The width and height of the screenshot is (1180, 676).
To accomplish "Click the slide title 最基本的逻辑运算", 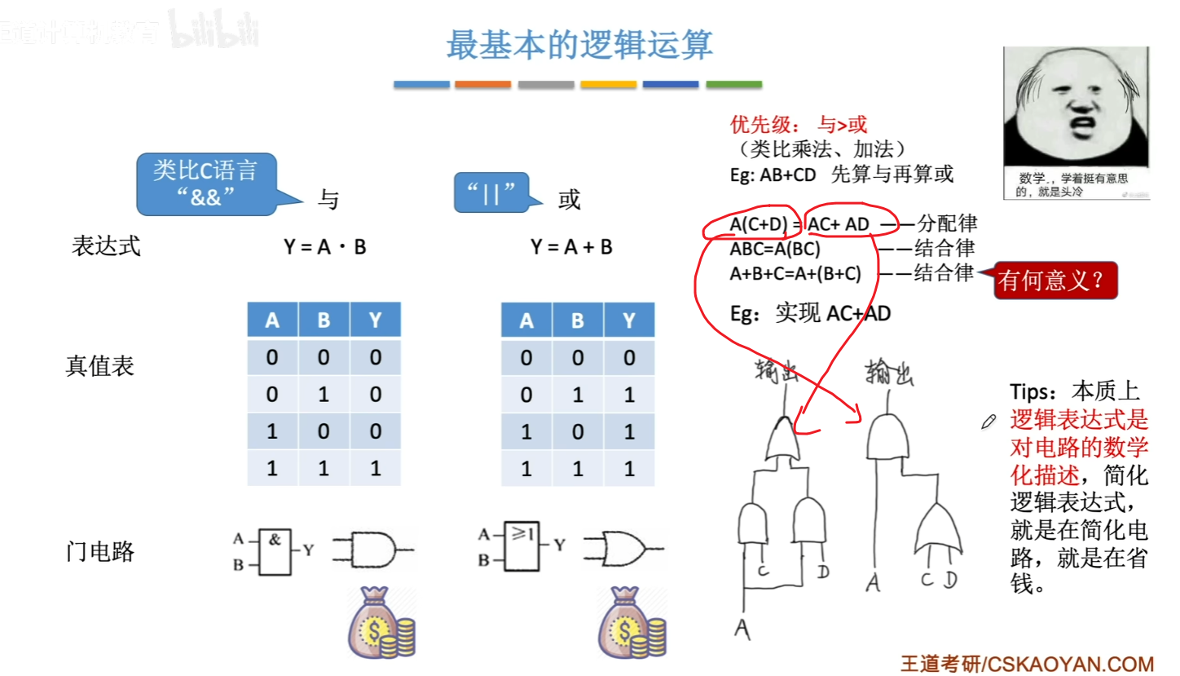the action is tap(579, 46).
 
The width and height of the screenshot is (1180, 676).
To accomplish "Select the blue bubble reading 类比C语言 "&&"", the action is tap(205, 183).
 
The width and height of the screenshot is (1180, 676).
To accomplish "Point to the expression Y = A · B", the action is tap(325, 246).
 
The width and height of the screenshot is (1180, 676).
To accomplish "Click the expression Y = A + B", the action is tap(571, 246).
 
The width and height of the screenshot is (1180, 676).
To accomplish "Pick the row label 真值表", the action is tap(99, 366).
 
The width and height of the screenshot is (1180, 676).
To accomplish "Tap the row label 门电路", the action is tap(99, 552).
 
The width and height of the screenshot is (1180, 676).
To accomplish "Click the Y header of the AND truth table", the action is tap(375, 320).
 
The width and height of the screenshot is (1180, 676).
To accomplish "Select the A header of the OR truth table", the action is tap(527, 320).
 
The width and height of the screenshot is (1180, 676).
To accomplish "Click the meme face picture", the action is tap(1076, 122).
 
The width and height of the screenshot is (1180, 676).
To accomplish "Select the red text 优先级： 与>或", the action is tap(799, 125).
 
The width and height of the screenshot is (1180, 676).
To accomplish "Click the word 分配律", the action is tap(947, 223).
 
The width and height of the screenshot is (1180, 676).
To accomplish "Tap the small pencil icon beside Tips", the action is tap(989, 421).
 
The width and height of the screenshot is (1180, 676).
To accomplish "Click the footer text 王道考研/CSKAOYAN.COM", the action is tap(1028, 663).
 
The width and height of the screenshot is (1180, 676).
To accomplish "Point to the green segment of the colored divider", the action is tap(733, 84).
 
